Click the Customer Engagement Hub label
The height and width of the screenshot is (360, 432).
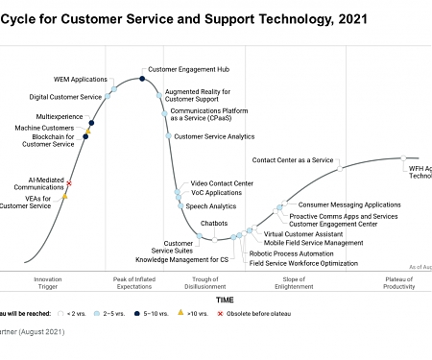click(x=190, y=69)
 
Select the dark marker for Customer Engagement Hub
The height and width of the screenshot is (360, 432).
click(x=142, y=78)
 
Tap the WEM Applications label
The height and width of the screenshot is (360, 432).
click(x=80, y=79)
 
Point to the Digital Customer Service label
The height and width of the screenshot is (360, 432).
click(x=65, y=97)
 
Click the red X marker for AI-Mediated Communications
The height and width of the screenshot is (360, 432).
click(x=69, y=182)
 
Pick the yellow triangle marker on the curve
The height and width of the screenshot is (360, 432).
click(x=64, y=196)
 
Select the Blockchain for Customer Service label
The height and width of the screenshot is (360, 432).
click(x=47, y=140)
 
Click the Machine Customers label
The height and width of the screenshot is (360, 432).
click(x=44, y=128)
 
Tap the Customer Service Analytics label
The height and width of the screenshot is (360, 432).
click(x=214, y=136)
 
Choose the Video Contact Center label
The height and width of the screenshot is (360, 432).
click(x=222, y=182)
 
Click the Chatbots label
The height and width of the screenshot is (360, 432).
click(x=213, y=224)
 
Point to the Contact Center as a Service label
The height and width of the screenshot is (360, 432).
click(x=293, y=159)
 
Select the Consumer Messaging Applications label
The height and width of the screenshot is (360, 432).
click(x=349, y=204)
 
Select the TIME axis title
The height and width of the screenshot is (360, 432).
click(x=224, y=300)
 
